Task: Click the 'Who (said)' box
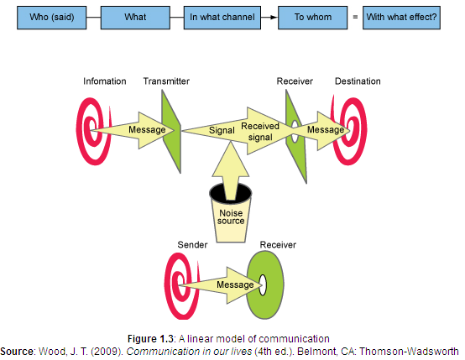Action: tap(51, 18)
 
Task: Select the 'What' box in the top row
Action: tap(135, 18)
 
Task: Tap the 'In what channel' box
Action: tap(222, 18)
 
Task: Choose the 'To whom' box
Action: tap(312, 18)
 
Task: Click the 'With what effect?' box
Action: tap(401, 18)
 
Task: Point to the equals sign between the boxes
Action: tap(355, 17)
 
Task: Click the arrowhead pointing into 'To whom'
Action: tap(274, 17)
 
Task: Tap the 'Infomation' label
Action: tap(105, 81)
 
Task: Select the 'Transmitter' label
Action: tap(166, 81)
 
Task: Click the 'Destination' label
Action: tap(358, 81)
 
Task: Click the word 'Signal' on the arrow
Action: tap(222, 130)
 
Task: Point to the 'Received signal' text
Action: tap(260, 132)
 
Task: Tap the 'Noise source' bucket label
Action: tap(231, 217)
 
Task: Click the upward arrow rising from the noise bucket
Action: tap(231, 170)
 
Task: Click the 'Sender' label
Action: tap(192, 245)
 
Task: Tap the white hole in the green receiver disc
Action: tap(263, 285)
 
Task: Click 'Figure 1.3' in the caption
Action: tap(150, 339)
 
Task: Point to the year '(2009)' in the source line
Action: tap(107, 352)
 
